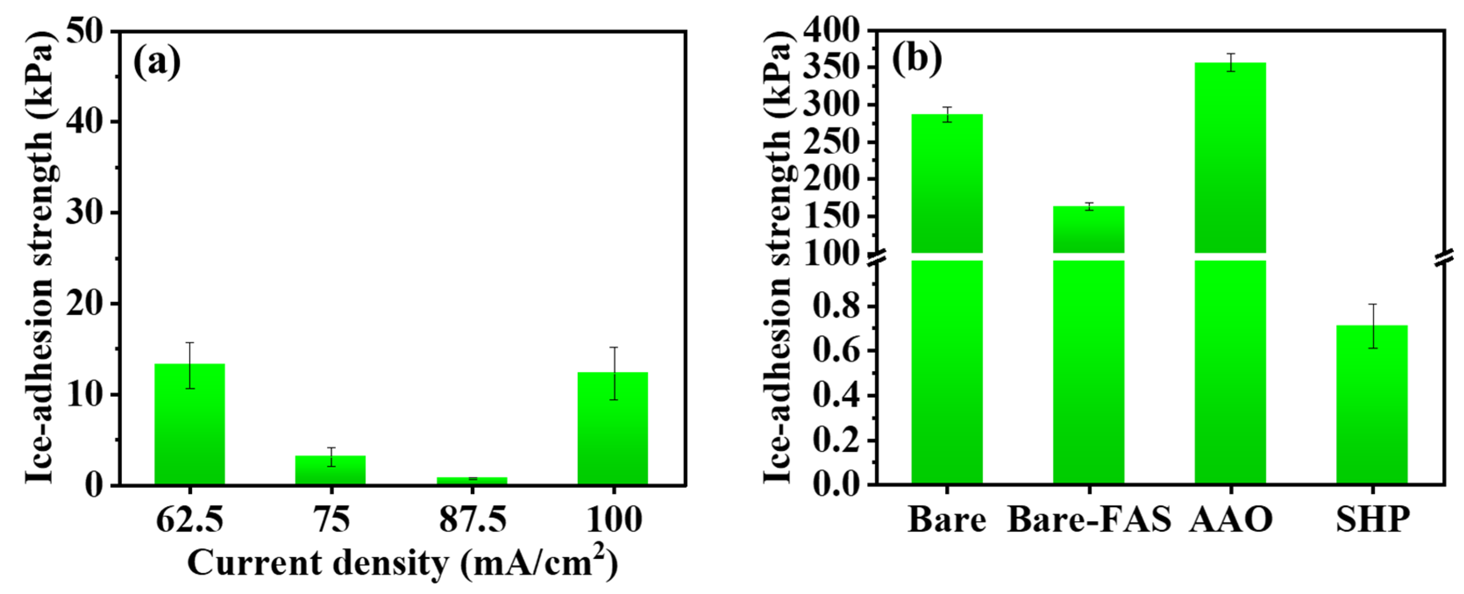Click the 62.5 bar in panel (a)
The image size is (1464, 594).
(x=189, y=423)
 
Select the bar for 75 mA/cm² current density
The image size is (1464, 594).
(x=330, y=470)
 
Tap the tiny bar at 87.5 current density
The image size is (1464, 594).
(x=472, y=480)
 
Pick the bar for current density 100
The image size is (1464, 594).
(x=613, y=428)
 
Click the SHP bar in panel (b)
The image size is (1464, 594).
(x=1372, y=405)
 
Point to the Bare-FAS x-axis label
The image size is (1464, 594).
(x=1089, y=519)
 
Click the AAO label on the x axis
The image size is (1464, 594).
(x=1230, y=519)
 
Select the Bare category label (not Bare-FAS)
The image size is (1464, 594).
(x=947, y=519)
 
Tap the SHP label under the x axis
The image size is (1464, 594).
(x=1372, y=519)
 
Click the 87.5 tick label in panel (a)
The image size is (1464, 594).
(x=472, y=519)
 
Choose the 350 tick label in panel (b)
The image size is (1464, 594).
(x=830, y=68)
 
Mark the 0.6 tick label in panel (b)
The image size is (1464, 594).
(x=835, y=351)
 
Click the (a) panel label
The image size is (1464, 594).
(x=157, y=63)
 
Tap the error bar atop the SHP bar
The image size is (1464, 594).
(x=1372, y=326)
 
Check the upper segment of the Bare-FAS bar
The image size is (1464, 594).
(x=1089, y=229)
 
